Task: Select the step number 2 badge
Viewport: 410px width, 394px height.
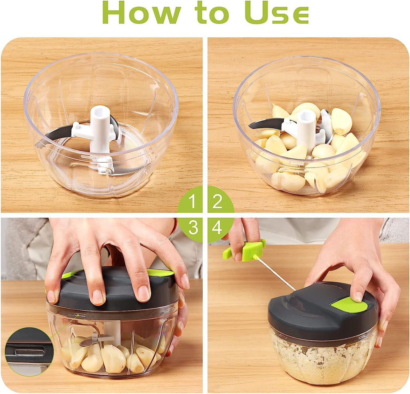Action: (218, 202)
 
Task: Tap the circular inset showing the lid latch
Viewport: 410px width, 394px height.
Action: (29, 352)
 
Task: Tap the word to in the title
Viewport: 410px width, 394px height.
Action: (212, 13)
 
